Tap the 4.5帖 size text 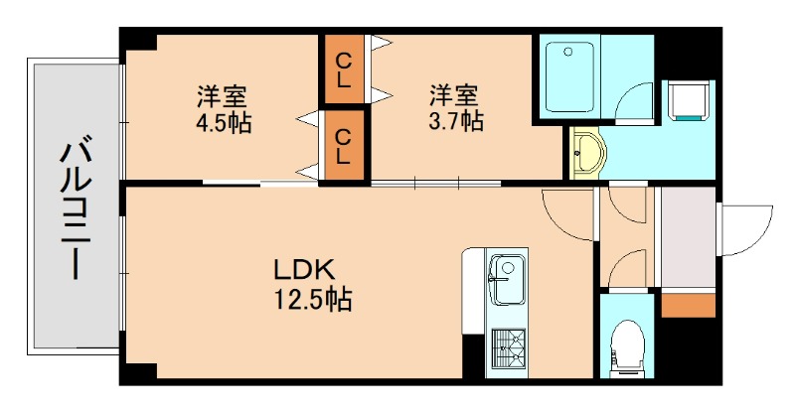[223, 123]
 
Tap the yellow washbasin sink [587, 154]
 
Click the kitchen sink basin [508, 270]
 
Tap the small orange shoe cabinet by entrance [688, 304]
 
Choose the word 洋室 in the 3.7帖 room [456, 95]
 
